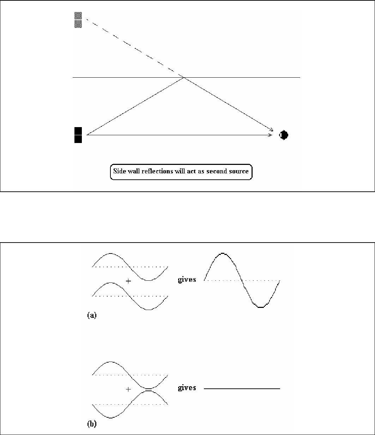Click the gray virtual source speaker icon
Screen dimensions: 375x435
point(78,20)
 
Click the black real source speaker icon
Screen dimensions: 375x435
point(78,135)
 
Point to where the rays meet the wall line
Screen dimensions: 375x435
point(184,77)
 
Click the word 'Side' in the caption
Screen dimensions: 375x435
point(120,172)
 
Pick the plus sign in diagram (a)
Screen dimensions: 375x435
point(128,281)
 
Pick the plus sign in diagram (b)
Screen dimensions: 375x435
point(128,389)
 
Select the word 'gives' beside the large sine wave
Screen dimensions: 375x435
point(187,280)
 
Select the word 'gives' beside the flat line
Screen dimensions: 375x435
point(187,388)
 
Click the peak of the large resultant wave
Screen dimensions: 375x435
point(222,253)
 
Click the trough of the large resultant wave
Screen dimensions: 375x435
point(260,307)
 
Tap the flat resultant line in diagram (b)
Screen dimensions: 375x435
point(242,389)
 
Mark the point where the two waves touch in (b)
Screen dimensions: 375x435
point(149,389)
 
